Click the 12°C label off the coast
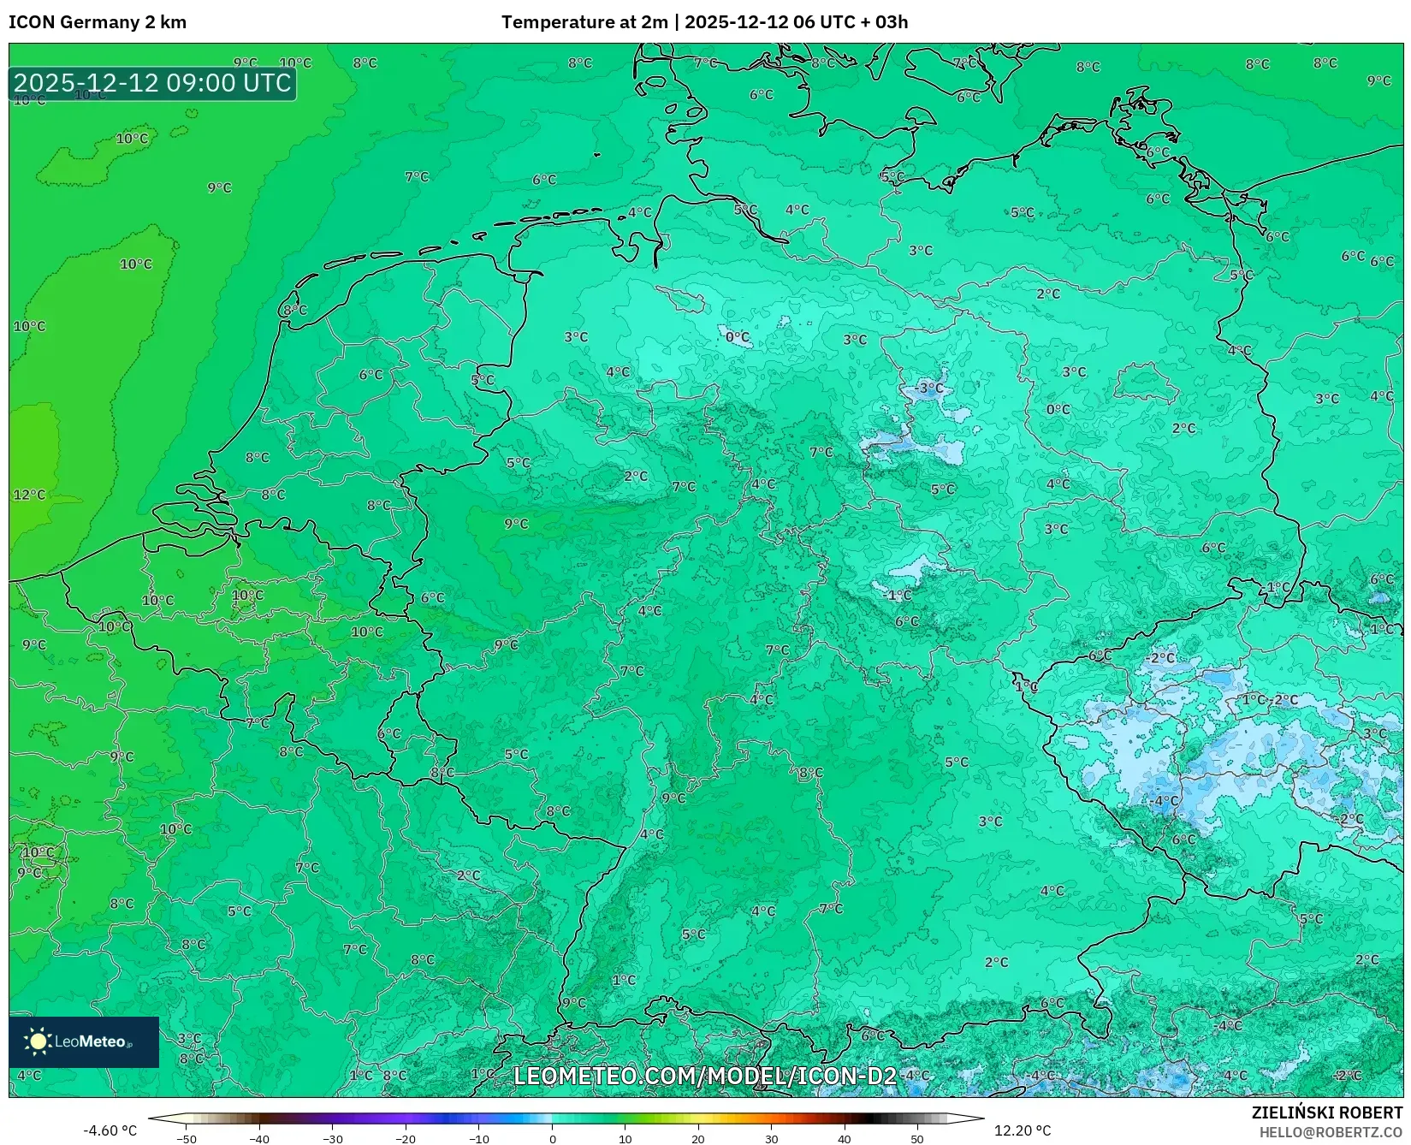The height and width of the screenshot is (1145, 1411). pyautogui.click(x=29, y=495)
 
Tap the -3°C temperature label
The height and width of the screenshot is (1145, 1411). pyautogui.click(x=929, y=389)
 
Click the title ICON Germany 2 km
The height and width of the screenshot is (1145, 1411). pyautogui.click(x=98, y=22)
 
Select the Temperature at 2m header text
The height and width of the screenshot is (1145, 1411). pyautogui.click(x=584, y=22)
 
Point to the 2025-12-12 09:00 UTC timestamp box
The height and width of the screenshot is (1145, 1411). pyautogui.click(x=152, y=83)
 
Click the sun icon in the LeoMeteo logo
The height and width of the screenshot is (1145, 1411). pyautogui.click(x=38, y=1041)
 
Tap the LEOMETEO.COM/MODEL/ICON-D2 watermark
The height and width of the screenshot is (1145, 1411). pyautogui.click(x=705, y=1076)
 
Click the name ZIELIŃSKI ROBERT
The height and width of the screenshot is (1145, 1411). pyautogui.click(x=1327, y=1112)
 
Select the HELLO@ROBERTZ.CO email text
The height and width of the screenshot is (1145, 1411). pyautogui.click(x=1331, y=1132)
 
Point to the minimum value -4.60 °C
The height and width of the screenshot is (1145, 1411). pyautogui.click(x=110, y=1130)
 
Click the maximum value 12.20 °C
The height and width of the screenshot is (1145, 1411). pyautogui.click(x=1023, y=1130)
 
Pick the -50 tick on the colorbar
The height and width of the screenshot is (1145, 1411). pyautogui.click(x=187, y=1139)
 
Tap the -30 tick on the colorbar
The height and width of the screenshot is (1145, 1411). pyautogui.click(x=333, y=1139)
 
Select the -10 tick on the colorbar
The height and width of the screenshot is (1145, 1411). pyautogui.click(x=479, y=1139)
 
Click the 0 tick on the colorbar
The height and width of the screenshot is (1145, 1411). pyautogui.click(x=553, y=1139)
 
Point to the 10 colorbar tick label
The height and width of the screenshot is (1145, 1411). pyautogui.click(x=625, y=1139)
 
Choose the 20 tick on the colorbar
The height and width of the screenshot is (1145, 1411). pyautogui.click(x=698, y=1139)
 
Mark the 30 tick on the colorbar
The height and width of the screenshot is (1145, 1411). pyautogui.click(x=772, y=1139)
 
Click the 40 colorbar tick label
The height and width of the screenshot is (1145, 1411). pyautogui.click(x=845, y=1139)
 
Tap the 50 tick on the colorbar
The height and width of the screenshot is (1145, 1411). pyautogui.click(x=917, y=1139)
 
